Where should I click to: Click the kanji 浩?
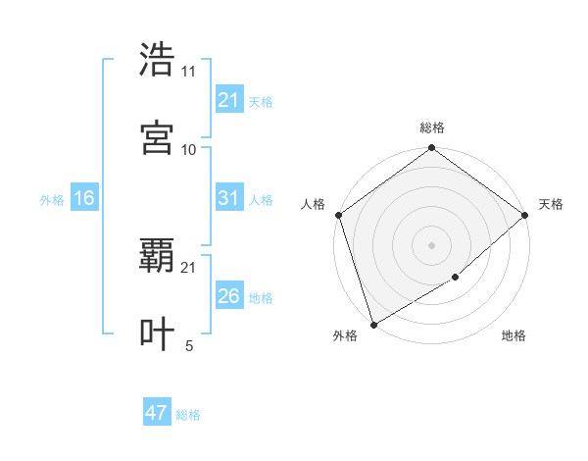point(158,60)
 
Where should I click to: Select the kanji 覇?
point(158,256)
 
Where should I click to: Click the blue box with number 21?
point(228,100)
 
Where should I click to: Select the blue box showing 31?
point(228,198)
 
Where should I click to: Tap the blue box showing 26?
point(228,296)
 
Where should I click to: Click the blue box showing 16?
point(84,198)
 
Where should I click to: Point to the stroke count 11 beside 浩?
point(189,72)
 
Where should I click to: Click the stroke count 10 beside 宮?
point(189,149)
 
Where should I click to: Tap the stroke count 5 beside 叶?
point(189,345)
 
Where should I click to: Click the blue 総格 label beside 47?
point(188,415)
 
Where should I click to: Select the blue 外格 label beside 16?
point(52,199)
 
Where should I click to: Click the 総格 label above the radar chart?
point(432,128)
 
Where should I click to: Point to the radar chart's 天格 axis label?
point(551,204)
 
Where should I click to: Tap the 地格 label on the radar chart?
point(514,335)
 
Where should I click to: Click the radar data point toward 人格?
point(338,215)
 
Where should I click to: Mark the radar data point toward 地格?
point(456,278)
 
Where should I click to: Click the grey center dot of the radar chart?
point(432,245)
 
